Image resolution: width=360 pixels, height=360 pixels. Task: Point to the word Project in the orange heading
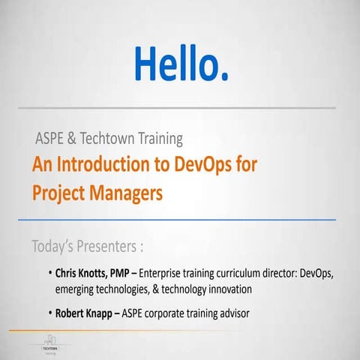point(58,193)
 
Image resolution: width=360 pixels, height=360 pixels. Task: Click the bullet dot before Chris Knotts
point(49,274)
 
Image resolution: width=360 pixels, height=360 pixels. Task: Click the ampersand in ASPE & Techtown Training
point(72,139)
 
